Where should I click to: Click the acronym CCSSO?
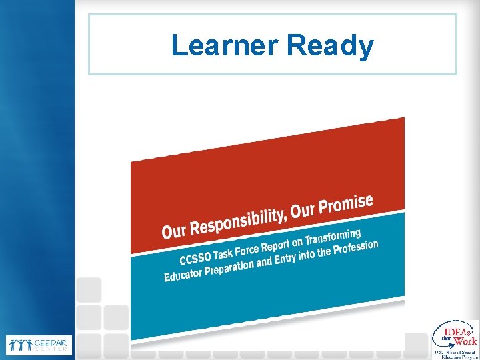tap(195, 257)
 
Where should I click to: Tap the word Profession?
tap(356, 247)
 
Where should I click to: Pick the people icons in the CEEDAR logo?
tap(19, 345)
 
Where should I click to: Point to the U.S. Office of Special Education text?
tap(456, 353)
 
